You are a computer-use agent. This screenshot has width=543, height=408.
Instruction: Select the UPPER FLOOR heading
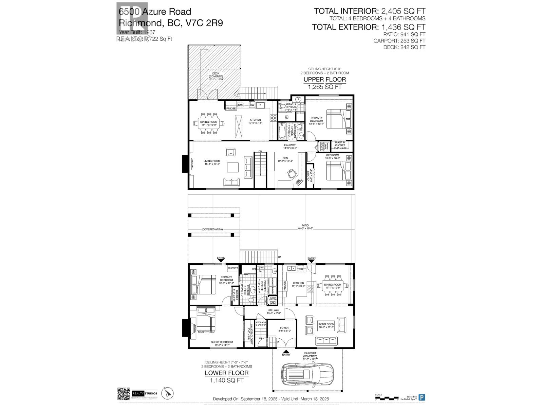click(x=324, y=80)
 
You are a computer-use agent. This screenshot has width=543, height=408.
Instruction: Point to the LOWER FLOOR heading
click(x=226, y=373)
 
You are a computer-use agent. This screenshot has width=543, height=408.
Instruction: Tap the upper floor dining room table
click(x=209, y=123)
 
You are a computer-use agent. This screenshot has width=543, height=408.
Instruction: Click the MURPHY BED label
click(x=206, y=331)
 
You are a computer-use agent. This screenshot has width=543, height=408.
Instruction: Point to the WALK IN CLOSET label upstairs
click(x=340, y=144)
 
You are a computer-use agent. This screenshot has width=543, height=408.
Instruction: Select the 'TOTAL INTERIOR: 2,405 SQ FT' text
click(x=369, y=11)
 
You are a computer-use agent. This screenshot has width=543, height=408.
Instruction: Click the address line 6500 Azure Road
click(x=155, y=12)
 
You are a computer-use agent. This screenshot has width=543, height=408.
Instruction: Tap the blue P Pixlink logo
click(x=422, y=397)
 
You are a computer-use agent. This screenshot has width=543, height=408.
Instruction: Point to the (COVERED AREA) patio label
click(x=212, y=230)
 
